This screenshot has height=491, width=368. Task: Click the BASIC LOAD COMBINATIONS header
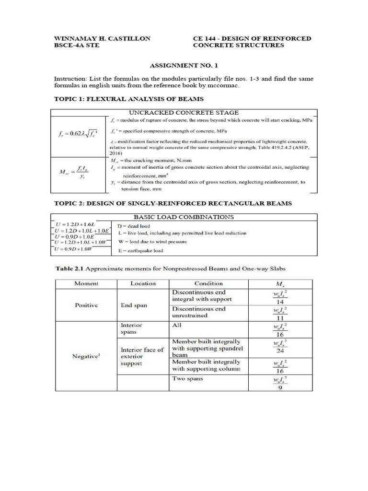coord(184,217)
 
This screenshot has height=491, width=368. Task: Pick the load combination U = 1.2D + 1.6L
coord(76,224)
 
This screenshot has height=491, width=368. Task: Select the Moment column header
coord(86,283)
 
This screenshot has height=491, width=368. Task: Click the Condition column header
coord(208,283)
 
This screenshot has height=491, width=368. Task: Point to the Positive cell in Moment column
coord(86,305)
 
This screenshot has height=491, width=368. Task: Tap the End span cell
coord(134,305)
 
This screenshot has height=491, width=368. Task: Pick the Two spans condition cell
coord(188,379)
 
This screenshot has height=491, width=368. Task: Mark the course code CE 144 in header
coord(205,38)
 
